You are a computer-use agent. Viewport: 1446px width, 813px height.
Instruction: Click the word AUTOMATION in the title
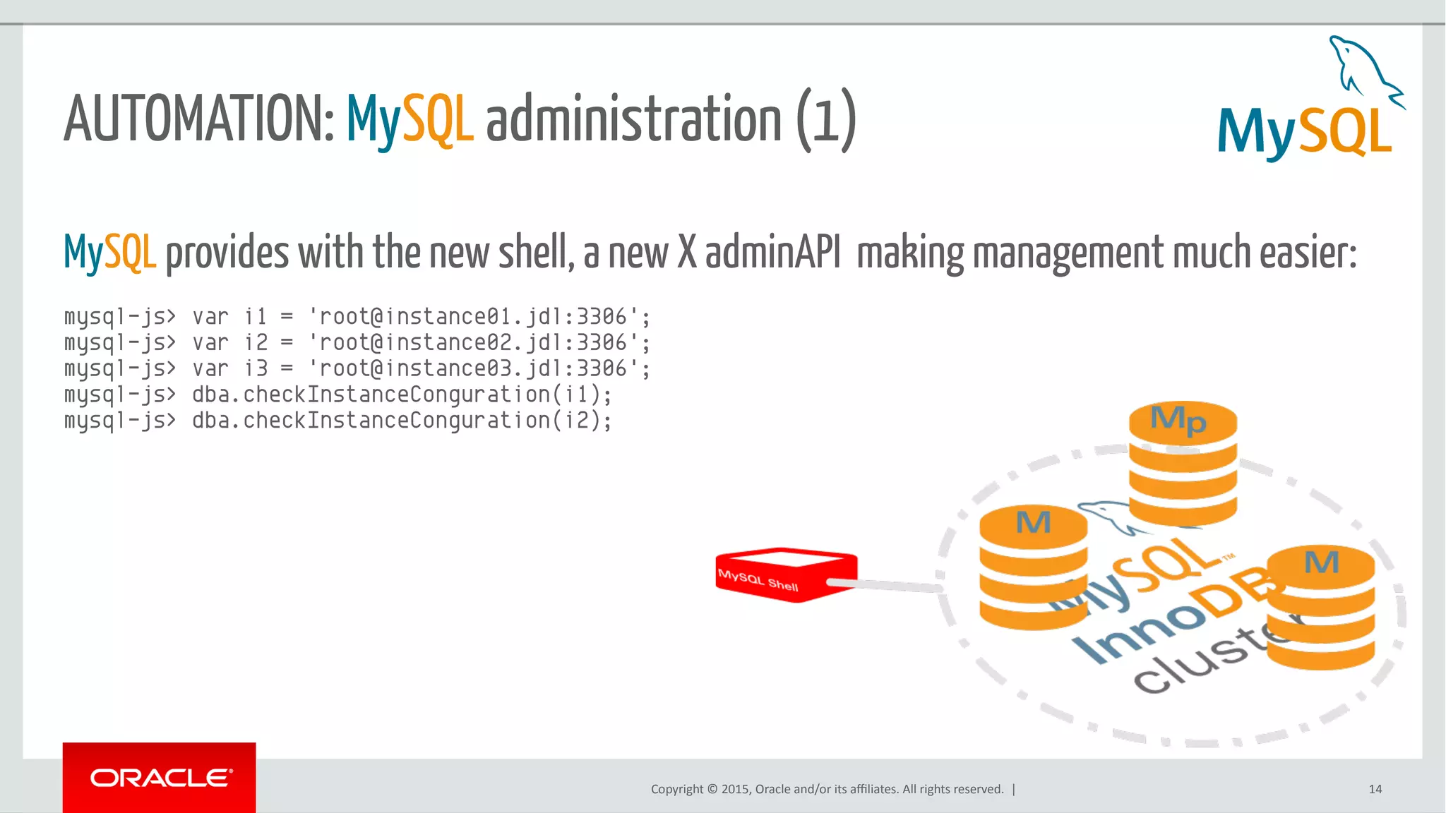click(x=198, y=119)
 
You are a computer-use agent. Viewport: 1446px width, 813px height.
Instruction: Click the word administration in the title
click(x=633, y=119)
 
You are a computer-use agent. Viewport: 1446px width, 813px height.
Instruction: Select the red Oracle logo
click(x=160, y=777)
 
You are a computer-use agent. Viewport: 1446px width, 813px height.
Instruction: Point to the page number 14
click(x=1375, y=789)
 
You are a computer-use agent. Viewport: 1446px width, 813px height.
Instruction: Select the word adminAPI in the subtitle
click(x=773, y=253)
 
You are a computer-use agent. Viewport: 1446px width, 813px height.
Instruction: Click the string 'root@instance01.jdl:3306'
click(x=473, y=317)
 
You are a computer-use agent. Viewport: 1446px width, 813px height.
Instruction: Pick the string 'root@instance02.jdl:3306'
click(x=473, y=343)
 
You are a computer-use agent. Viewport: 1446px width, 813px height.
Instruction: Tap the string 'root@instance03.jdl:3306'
click(x=473, y=369)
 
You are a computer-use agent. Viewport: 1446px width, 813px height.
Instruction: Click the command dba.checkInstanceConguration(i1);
click(x=402, y=395)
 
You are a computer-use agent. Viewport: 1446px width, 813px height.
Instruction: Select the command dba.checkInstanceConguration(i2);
click(x=402, y=421)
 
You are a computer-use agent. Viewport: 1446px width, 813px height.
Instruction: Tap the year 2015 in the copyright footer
click(x=735, y=789)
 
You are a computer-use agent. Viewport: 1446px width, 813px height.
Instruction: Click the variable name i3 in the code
click(x=256, y=369)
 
